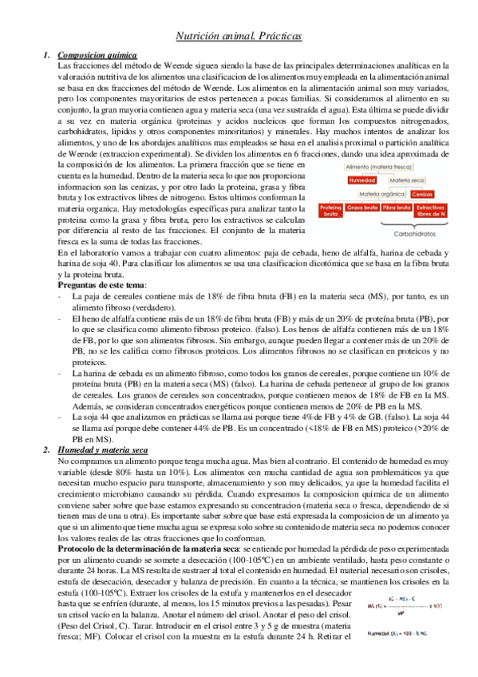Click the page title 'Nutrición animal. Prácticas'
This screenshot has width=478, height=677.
point(239,37)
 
